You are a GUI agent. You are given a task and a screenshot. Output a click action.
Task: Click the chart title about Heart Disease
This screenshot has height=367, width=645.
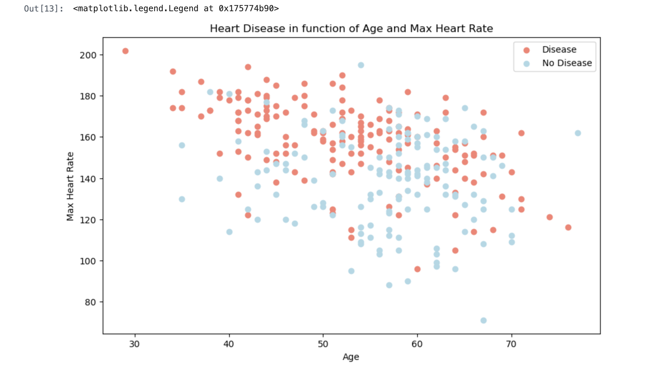[351, 29]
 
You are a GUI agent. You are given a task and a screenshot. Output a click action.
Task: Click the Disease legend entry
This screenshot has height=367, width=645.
[559, 50]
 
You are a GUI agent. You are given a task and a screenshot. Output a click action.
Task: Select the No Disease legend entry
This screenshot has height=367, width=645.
[567, 63]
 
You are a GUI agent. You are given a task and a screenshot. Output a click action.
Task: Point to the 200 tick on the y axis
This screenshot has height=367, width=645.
[88, 55]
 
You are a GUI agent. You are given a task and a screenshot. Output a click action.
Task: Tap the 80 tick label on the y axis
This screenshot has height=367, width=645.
[90, 302]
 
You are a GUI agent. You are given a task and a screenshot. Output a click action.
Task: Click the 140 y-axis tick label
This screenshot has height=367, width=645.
[88, 179]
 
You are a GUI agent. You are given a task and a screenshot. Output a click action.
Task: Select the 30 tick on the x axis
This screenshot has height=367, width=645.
[134, 344]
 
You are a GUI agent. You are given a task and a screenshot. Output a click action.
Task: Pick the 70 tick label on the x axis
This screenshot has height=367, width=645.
[511, 344]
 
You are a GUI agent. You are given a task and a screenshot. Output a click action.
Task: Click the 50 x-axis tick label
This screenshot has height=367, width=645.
[323, 344]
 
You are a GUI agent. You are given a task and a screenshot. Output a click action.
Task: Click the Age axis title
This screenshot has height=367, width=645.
[351, 357]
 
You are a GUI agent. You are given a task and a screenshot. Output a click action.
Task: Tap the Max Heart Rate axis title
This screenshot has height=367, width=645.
[70, 186]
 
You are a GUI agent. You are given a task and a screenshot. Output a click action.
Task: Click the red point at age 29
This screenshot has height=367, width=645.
[125, 51]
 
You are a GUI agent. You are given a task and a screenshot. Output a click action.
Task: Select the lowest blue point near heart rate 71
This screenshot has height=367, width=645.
[483, 320]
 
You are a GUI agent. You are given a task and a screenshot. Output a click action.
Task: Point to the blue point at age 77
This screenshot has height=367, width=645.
[578, 133]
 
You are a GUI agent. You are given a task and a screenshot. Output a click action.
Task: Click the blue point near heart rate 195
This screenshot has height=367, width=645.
[361, 65]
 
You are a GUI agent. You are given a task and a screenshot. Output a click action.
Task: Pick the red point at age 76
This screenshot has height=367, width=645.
[568, 227]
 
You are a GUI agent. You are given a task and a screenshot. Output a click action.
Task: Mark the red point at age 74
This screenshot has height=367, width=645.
[549, 217]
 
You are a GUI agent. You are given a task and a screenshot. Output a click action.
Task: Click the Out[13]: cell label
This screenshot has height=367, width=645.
[44, 9]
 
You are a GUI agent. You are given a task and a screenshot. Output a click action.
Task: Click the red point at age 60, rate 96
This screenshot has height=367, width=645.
[417, 269]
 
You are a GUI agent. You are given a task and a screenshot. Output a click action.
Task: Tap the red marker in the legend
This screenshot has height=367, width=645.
[526, 50]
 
